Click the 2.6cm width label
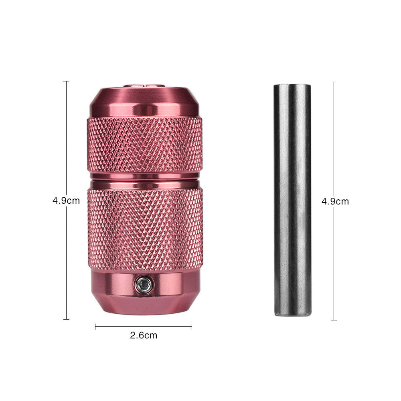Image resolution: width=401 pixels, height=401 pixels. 144,335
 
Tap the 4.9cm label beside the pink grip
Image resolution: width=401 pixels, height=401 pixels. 66,200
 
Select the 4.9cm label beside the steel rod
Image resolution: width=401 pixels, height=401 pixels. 335,201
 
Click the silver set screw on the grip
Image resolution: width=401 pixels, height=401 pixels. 144,284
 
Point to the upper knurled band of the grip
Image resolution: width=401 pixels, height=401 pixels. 145,145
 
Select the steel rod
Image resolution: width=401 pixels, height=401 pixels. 292,200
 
